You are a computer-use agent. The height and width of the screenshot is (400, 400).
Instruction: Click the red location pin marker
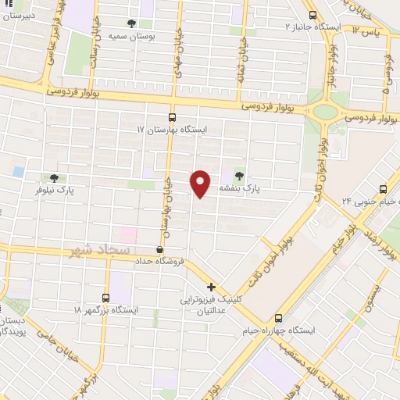coord(201,184)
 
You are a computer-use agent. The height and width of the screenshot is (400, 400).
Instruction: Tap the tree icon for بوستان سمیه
coord(141,23)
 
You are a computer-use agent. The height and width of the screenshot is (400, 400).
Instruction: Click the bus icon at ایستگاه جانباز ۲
coord(312,15)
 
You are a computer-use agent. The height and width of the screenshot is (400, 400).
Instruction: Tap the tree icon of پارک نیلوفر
coord(53,178)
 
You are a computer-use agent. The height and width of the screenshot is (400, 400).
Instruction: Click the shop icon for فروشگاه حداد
coord(159,250)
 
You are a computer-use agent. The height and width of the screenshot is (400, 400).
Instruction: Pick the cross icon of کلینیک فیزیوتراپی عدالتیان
coord(211,287)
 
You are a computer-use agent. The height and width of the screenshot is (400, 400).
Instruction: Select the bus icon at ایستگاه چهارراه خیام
coord(279,318)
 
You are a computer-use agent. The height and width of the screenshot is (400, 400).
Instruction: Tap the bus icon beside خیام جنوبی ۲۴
coord(383,188)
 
